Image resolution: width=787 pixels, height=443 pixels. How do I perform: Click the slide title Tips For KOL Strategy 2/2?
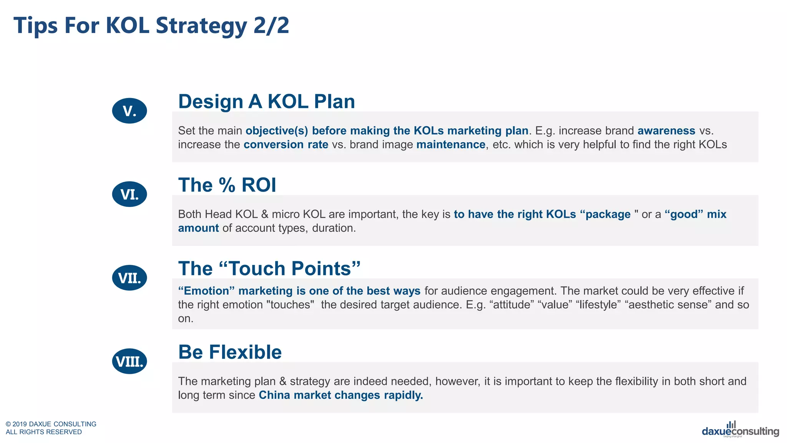(x=151, y=26)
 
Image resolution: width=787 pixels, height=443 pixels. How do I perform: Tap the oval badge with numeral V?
(x=130, y=111)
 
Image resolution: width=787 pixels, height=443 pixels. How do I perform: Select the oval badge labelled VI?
(x=130, y=194)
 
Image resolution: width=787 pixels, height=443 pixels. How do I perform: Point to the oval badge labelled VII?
(x=130, y=278)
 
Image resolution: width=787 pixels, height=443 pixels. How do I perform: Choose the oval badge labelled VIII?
(x=130, y=361)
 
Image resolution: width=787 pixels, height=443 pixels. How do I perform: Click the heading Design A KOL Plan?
(x=266, y=102)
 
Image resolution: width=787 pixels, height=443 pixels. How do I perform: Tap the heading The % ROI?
(x=227, y=185)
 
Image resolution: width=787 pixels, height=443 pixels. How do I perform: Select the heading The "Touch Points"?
(x=269, y=268)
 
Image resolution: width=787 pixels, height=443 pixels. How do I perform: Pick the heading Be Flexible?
(x=230, y=352)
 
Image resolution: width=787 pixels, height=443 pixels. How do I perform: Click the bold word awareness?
(x=666, y=131)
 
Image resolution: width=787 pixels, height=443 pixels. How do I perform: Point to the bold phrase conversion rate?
(x=286, y=145)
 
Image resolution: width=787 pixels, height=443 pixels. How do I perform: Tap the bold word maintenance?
(x=450, y=145)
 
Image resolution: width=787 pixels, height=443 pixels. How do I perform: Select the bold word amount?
(x=198, y=228)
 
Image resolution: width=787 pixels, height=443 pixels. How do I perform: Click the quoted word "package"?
(x=608, y=214)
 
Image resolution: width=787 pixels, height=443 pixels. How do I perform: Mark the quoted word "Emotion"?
(x=206, y=291)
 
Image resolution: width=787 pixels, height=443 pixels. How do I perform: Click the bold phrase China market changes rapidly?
(x=340, y=395)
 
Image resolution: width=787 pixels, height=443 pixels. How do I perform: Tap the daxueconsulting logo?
(x=740, y=430)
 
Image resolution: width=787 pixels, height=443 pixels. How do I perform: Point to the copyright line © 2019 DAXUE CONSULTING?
(x=51, y=424)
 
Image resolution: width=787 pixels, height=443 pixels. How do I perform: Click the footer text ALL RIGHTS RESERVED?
(x=44, y=432)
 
